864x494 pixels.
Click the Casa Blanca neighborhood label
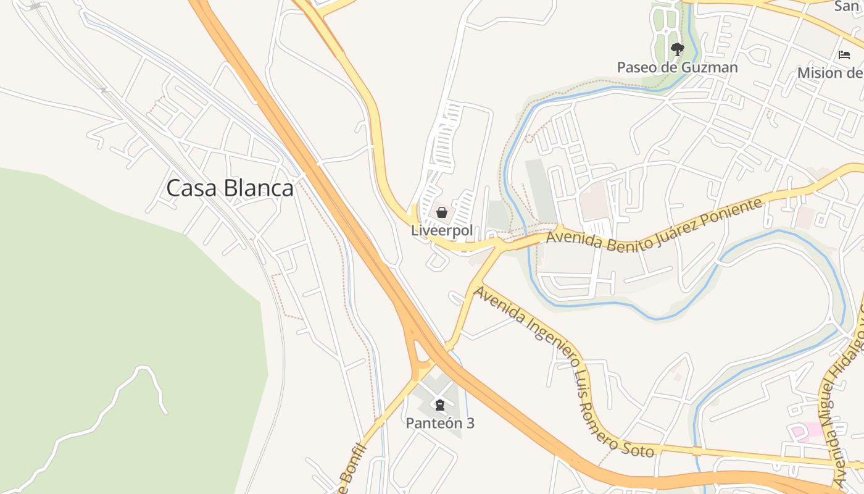[230, 188]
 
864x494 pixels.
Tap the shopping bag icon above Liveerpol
[442, 213]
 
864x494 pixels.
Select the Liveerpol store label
[442, 230]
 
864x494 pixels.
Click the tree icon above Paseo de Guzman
[677, 49]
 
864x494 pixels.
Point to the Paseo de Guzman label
[677, 67]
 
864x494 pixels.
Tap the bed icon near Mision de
[844, 55]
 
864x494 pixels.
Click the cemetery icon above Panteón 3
[439, 406]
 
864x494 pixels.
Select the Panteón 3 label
[439, 424]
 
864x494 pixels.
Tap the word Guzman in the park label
[709, 67]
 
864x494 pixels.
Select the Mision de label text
[830, 73]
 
